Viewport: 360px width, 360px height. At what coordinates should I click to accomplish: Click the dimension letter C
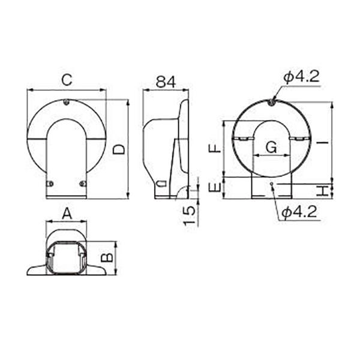point(67,79)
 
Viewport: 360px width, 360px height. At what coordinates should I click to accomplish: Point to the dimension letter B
point(106,257)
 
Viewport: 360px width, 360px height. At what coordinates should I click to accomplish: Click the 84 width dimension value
point(165,82)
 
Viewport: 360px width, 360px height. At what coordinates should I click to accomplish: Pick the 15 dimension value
point(190,214)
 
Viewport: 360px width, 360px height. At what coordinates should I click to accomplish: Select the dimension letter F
point(212,149)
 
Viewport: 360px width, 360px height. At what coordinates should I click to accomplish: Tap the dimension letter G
point(271,147)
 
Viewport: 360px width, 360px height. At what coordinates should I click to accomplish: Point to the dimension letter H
point(323,191)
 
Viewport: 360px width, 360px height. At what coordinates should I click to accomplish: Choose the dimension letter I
point(323,142)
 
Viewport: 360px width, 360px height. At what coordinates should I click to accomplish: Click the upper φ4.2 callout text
point(301,76)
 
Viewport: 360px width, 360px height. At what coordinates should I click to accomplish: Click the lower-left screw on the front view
point(50,183)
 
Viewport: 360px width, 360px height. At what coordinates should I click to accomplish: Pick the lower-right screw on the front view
point(82,183)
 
